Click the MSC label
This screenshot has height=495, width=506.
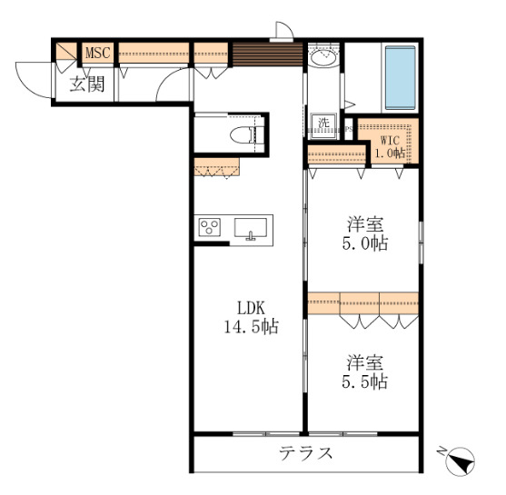coord(98,54)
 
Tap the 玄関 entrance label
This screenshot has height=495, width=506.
coord(87,86)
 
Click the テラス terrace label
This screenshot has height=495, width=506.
coord(305,452)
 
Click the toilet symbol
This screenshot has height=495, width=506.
coord(243,136)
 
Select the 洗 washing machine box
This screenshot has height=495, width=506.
coord(322,123)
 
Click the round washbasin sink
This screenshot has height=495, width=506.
coord(322,58)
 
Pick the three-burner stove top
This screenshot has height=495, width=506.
coord(211,227)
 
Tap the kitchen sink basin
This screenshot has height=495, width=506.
coord(250,227)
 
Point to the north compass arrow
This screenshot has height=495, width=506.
coord(462,460)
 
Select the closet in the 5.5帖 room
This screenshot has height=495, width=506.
coord(362,302)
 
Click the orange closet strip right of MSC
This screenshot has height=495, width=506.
coord(153,52)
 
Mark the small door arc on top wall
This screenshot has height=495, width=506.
coord(283,30)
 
